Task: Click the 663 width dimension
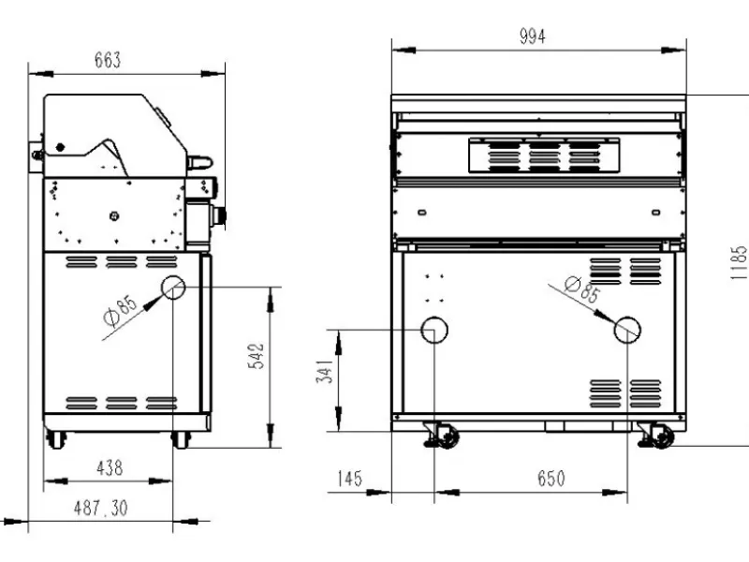[x=108, y=60]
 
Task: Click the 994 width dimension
[x=532, y=37]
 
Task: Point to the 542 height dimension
[x=257, y=356]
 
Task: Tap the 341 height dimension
[x=324, y=371]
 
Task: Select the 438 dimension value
[x=110, y=467]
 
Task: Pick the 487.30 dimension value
[x=101, y=508]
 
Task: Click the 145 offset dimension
[x=349, y=479]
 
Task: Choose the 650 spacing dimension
[x=551, y=479]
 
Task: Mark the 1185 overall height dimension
[x=739, y=262]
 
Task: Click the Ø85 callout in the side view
[x=121, y=310]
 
